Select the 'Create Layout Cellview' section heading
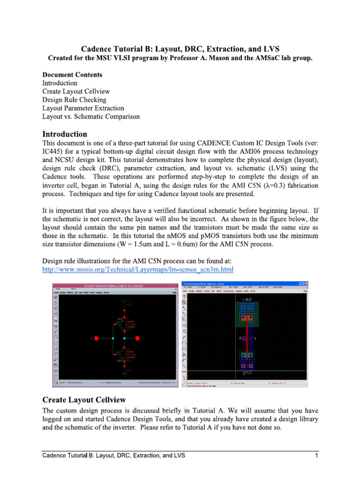coord(84,400)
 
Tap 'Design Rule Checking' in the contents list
coord(74,100)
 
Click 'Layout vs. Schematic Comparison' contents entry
coord(91,117)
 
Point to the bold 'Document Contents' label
coord(72,75)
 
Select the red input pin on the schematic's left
coord(97,338)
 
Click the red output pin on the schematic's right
coord(138,338)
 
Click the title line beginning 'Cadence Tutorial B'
coord(180,49)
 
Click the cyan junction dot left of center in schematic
coord(113,338)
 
